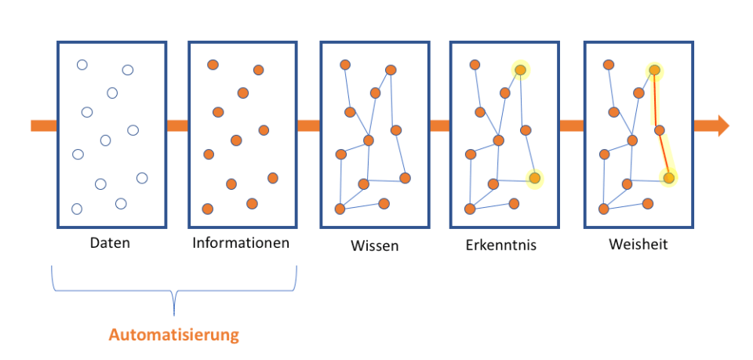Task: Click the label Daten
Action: (x=110, y=243)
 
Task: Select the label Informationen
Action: (x=241, y=243)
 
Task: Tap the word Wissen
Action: (x=374, y=245)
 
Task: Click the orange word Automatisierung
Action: (x=173, y=336)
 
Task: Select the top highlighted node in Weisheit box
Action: (x=654, y=71)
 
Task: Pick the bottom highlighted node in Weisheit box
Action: (x=668, y=178)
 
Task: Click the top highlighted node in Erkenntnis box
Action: (x=520, y=71)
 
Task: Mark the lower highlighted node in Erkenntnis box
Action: (x=534, y=178)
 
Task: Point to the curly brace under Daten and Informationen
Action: (x=174, y=293)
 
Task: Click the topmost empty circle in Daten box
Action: (x=82, y=64)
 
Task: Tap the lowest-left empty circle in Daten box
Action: (x=77, y=209)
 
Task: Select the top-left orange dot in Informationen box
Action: (x=213, y=64)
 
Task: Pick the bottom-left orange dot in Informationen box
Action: (x=208, y=209)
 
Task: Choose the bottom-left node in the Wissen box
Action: (x=340, y=209)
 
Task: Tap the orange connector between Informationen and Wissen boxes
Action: (x=308, y=125)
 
